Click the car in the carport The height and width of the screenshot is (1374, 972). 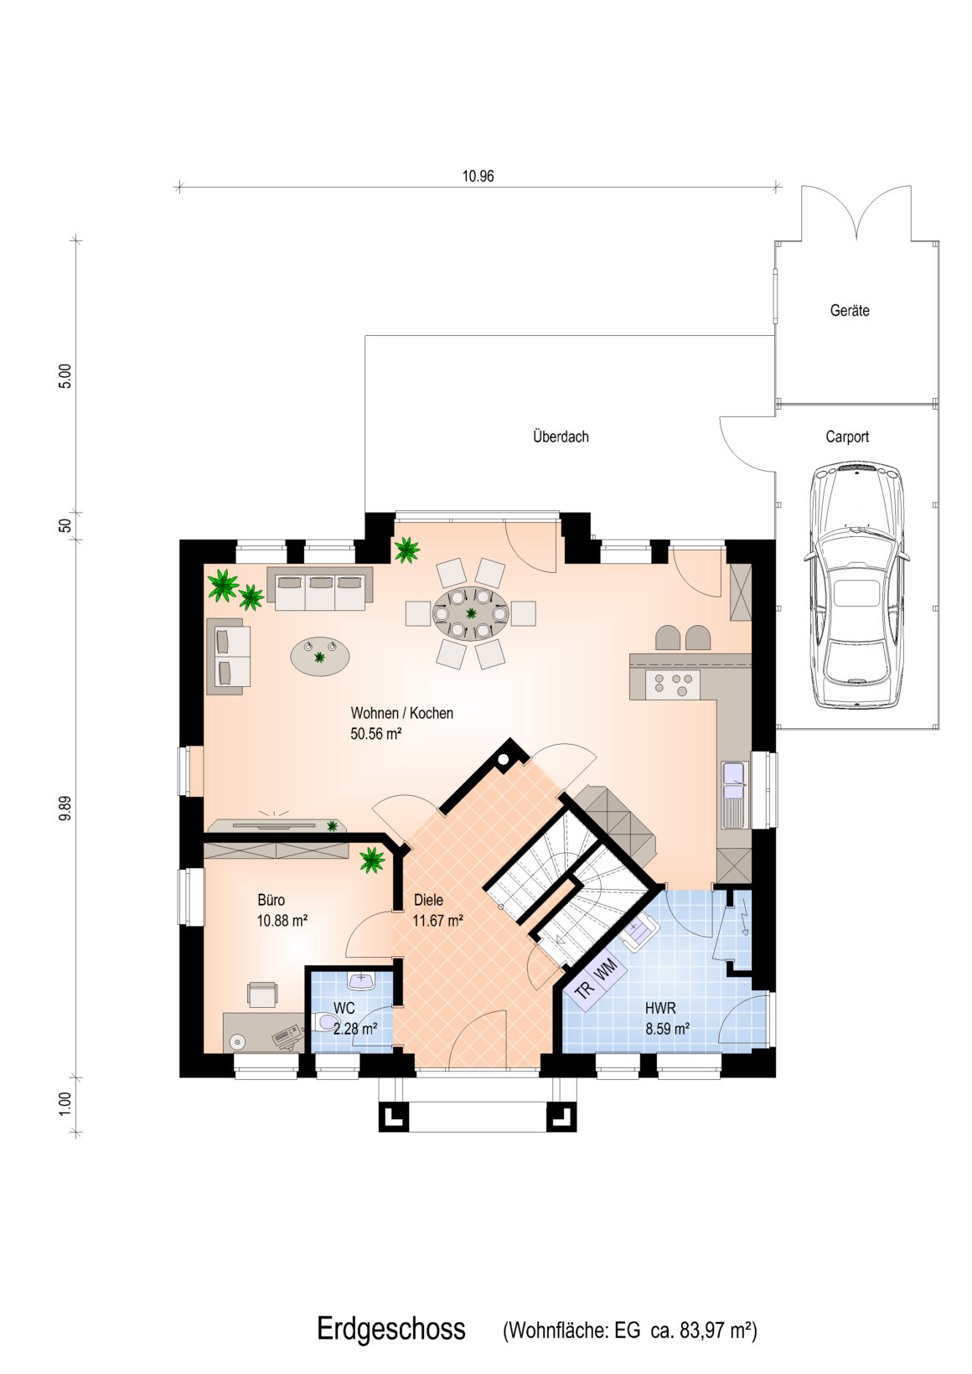pos(856,585)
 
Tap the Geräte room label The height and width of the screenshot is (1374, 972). pos(850,310)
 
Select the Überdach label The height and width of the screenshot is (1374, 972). pos(561,436)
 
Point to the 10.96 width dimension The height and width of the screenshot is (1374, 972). pos(478,176)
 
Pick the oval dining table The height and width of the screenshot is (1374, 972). pos(471,612)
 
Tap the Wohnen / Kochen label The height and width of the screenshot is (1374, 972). pos(402,713)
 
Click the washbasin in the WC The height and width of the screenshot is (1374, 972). pos(361,979)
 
